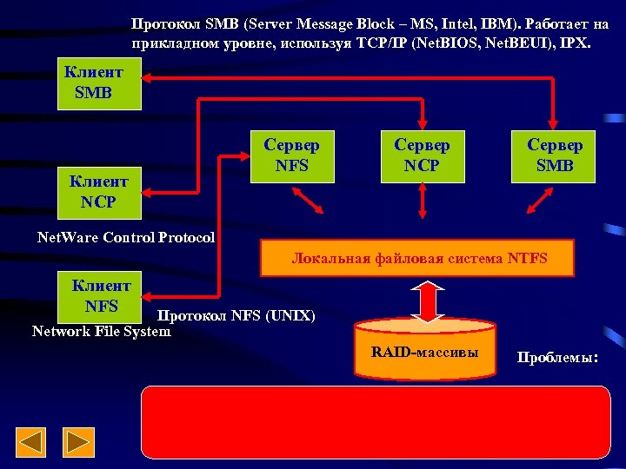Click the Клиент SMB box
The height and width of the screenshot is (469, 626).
pos(99,83)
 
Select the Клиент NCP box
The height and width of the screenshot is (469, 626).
pos(99,192)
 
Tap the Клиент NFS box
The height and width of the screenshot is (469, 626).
pos(101,295)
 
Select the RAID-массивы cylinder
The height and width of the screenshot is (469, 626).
pos(424,352)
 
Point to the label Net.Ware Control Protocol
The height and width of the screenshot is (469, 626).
pos(126,237)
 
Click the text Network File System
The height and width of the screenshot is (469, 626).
pos(101,331)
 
